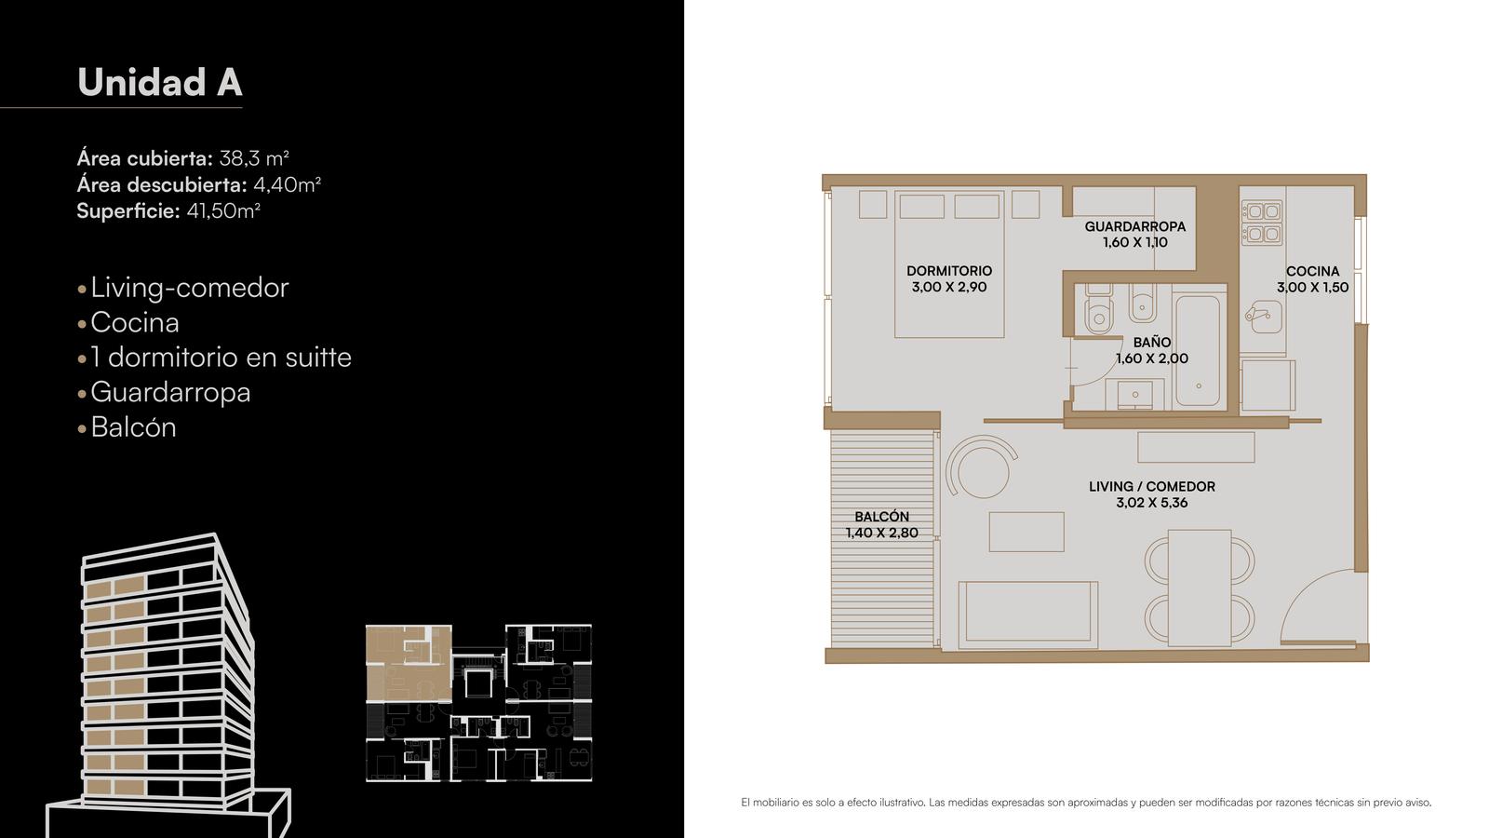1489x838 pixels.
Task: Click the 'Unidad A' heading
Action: point(159,82)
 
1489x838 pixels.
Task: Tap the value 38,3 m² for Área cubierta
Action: point(254,158)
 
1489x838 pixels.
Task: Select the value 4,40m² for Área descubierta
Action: point(288,184)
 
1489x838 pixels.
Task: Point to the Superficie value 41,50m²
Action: point(223,210)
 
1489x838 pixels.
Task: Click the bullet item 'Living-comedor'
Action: point(190,288)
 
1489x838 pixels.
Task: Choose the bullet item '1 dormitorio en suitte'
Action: point(221,358)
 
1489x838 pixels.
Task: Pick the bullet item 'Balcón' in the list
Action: point(134,427)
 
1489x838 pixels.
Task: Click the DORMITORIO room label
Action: point(949,271)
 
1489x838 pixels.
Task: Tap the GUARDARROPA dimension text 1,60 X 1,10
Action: point(1135,242)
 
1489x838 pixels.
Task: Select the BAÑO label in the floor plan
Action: point(1152,343)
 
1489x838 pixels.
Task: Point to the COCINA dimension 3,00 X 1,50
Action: point(1313,288)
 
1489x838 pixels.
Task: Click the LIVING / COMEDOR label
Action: point(1152,487)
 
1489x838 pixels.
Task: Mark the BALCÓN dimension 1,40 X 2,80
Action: point(882,533)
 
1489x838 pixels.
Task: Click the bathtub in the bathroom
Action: point(1199,350)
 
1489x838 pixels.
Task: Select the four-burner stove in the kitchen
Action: point(1262,223)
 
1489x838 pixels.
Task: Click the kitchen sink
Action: point(1263,317)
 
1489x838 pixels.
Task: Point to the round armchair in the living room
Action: point(982,466)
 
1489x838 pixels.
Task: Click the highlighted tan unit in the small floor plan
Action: point(409,663)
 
